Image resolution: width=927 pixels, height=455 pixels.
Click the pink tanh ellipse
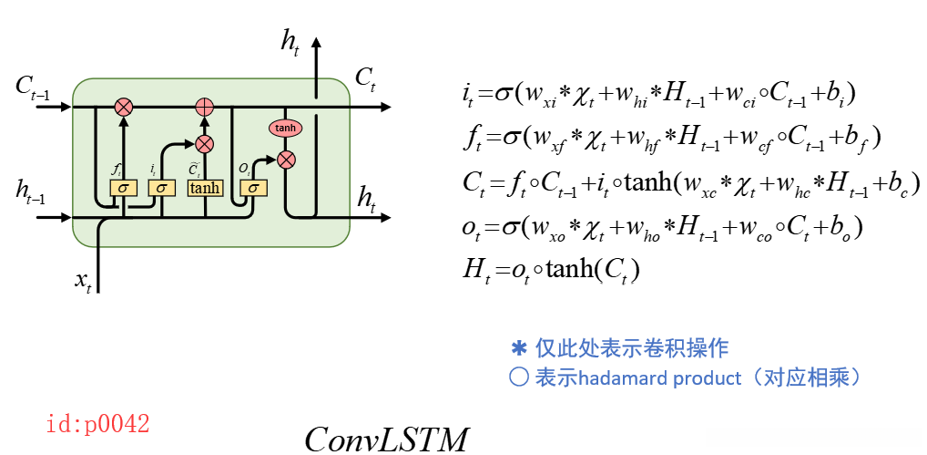point(285,129)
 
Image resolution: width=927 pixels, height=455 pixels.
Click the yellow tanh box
point(205,188)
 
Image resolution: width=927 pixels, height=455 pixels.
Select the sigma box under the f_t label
point(123,188)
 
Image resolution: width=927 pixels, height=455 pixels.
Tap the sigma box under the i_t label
point(161,188)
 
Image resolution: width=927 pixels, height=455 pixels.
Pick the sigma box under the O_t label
point(253,188)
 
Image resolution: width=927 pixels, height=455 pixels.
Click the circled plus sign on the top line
point(205,108)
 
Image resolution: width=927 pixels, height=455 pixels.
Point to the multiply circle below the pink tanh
point(286,160)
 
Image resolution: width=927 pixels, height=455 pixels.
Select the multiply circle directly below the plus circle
point(205,143)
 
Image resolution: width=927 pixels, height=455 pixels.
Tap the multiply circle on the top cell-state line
point(123,108)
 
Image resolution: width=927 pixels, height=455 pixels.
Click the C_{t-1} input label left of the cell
point(32,88)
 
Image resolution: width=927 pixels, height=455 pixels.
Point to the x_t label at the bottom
point(83,280)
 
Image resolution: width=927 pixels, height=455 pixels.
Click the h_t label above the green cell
point(290,41)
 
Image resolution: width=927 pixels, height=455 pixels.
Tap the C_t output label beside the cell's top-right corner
point(365,78)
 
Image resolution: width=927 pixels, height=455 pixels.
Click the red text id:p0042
point(97,424)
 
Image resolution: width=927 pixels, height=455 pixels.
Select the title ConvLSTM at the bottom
point(386,439)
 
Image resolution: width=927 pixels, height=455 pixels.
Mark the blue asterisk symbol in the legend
point(519,348)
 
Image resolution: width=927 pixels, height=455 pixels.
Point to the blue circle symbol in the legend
point(519,377)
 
